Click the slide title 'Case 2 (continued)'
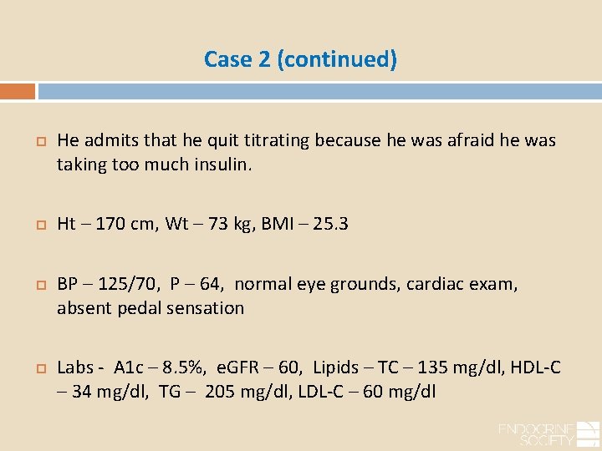pyautogui.click(x=300, y=60)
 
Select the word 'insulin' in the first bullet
pyautogui.click(x=223, y=164)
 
